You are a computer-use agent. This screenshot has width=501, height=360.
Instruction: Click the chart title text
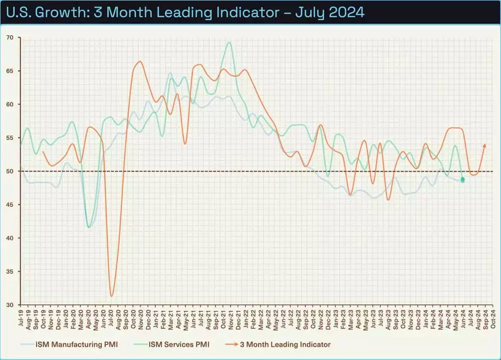click(x=183, y=12)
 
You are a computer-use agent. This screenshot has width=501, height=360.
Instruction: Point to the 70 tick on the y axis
click(x=10, y=38)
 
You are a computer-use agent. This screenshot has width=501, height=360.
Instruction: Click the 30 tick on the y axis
click(x=10, y=305)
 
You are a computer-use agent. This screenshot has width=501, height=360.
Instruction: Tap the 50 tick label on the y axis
click(x=10, y=171)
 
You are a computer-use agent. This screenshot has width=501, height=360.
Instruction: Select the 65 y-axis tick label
click(x=10, y=71)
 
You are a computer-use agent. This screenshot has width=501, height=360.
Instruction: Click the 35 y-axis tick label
click(x=10, y=271)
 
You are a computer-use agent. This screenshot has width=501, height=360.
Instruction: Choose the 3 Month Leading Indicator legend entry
click(x=282, y=344)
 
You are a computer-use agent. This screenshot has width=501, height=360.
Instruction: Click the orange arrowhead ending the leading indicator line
click(x=484, y=145)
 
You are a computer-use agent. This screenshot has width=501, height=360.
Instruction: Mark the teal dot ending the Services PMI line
click(x=462, y=179)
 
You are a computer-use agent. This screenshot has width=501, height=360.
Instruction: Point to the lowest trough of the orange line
click(x=112, y=296)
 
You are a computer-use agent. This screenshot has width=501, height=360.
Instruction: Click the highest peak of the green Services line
click(x=229, y=43)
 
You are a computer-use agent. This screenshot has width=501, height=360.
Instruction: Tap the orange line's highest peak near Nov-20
click(x=139, y=62)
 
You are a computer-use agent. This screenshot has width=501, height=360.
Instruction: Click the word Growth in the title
click(x=54, y=12)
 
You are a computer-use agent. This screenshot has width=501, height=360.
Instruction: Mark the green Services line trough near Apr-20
click(x=89, y=227)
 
